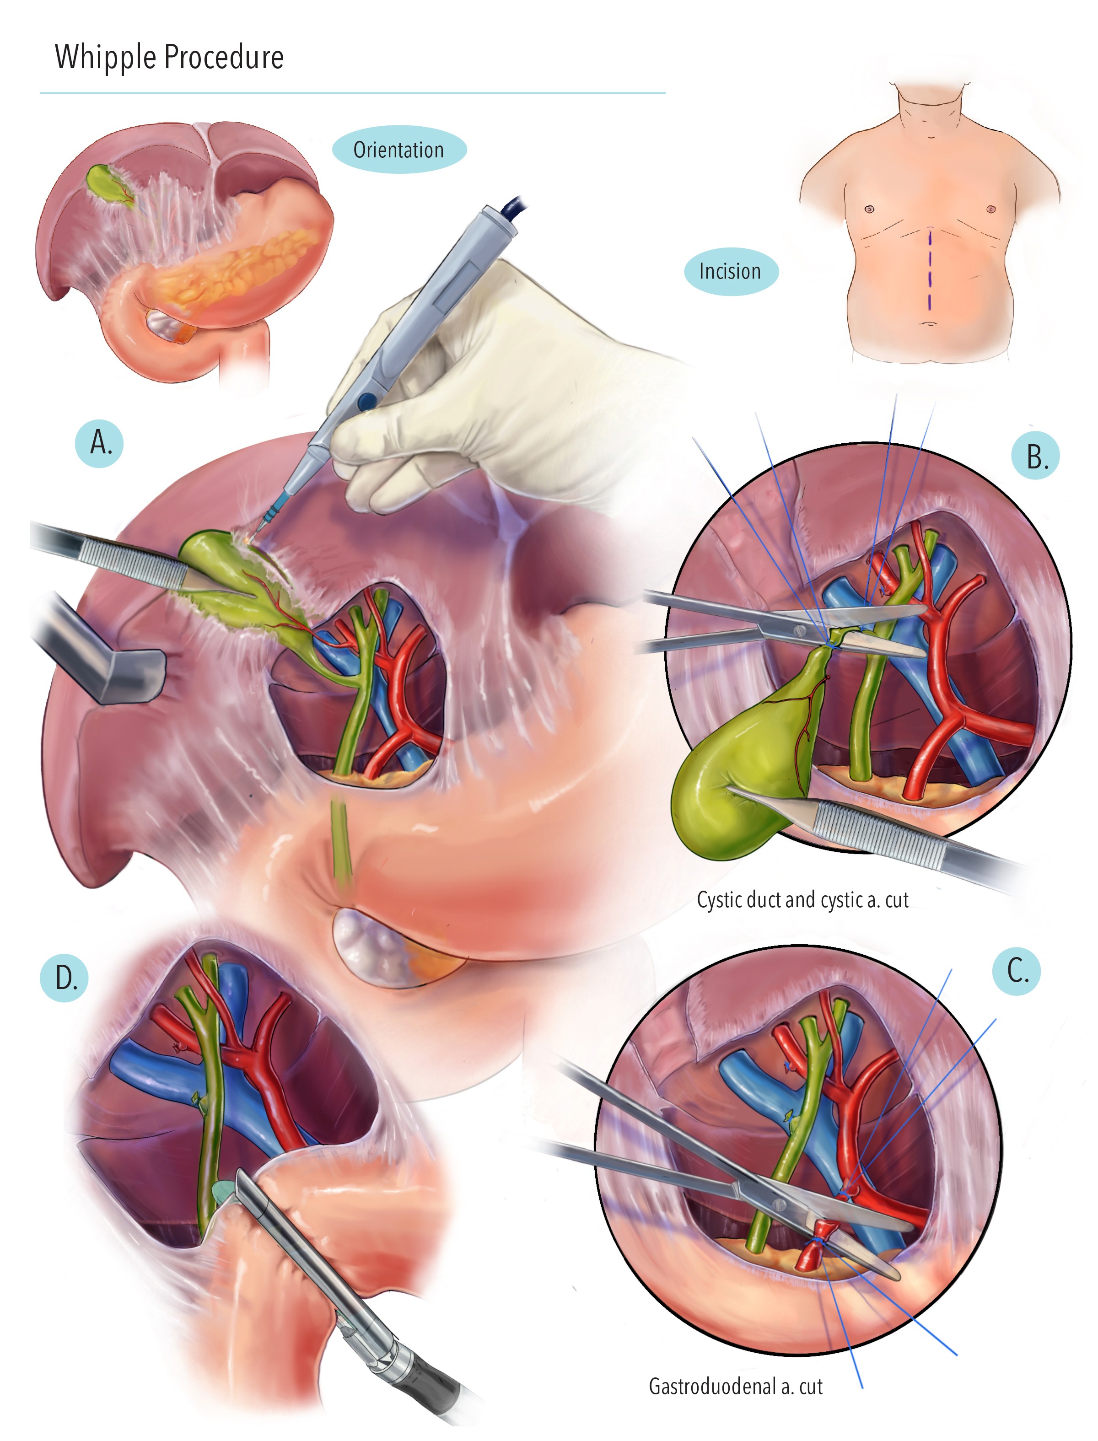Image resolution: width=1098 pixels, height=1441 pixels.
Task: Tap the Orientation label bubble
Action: coord(398,150)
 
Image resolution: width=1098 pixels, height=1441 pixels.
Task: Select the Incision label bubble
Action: coord(731,271)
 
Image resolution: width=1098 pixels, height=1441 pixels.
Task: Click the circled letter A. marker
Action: coord(99,443)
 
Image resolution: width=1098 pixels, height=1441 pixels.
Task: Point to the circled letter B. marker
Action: coord(1035,456)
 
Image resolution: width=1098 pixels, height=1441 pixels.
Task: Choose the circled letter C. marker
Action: coord(1016,971)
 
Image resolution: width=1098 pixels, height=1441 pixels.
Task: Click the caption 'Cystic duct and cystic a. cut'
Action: coord(802,900)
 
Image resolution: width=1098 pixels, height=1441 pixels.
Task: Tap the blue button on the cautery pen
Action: coord(366,400)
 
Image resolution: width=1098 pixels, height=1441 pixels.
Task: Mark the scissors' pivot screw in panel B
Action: coord(799,631)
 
